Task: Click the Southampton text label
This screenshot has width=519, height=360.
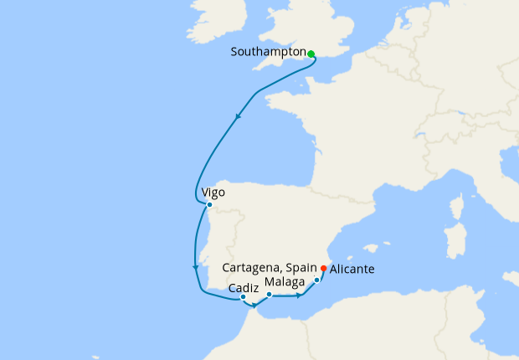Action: pos(268,52)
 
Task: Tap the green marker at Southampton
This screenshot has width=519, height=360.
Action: pos(311,54)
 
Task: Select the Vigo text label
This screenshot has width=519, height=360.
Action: pos(213,193)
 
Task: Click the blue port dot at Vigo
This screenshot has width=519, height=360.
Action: pos(209,205)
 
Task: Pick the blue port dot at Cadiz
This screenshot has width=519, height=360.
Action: pos(243,297)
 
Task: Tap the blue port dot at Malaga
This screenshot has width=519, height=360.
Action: pos(269,295)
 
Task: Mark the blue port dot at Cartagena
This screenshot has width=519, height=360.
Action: pos(317,280)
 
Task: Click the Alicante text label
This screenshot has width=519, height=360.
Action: pos(352,270)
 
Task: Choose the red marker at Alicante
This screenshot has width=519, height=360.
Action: pos(324,269)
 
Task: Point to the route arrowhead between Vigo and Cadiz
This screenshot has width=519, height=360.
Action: pos(195,268)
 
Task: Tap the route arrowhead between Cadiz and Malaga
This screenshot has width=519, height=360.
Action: pos(254,315)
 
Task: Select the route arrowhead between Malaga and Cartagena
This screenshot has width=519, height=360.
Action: pos(299,296)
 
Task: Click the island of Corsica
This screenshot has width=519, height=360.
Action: pos(457,206)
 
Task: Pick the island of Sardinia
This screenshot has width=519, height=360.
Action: pos(455,243)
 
